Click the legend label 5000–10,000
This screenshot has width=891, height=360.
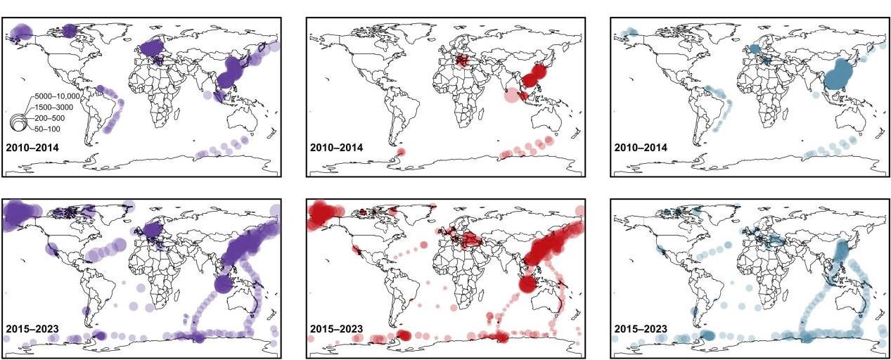point(55,95)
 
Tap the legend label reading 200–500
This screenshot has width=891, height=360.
point(47,117)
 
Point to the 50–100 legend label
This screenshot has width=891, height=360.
point(45,129)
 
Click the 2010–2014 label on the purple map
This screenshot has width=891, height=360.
point(32,148)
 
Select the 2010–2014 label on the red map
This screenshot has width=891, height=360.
point(337,148)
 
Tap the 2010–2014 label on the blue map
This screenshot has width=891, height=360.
point(641,148)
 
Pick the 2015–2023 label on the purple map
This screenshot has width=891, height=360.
point(32,328)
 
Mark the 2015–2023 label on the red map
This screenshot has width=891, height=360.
point(337,328)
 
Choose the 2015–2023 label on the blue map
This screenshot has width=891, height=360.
point(641,328)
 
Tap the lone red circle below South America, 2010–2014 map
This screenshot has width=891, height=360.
point(401,152)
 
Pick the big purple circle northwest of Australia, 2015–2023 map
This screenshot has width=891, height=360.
point(222,284)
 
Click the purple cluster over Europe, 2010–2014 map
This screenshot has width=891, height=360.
point(153,48)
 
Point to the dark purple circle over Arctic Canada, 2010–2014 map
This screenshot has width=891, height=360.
point(70,30)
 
